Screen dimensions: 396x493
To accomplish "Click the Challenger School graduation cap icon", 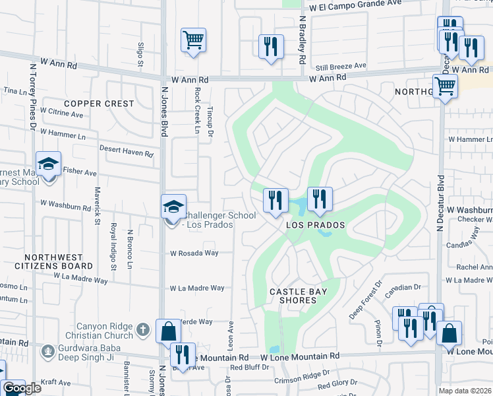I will point(173,207).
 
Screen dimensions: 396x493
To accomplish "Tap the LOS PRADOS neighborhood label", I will point(316,226).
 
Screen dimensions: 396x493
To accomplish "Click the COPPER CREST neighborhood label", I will point(99,104).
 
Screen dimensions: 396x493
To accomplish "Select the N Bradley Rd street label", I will point(302,40).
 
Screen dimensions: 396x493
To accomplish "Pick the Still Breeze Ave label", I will point(340,66).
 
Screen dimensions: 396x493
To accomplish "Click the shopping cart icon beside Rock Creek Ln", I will point(193,40).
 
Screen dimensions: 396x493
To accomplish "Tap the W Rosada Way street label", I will point(194,253).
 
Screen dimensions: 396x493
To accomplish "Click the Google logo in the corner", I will point(22,388).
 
